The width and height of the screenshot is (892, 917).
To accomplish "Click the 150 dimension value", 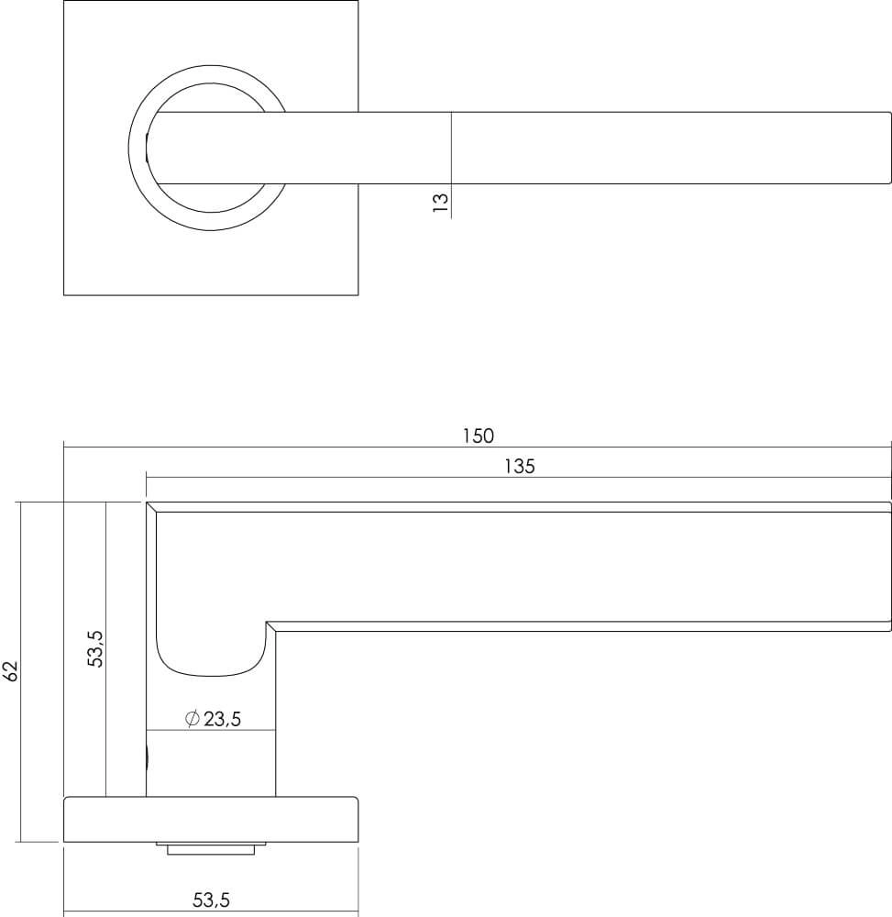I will point(478,436).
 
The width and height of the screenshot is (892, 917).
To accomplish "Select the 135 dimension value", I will point(519,466).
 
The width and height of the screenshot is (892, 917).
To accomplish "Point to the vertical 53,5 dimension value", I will point(96,648).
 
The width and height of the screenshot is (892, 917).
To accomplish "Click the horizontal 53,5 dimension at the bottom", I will point(211,900).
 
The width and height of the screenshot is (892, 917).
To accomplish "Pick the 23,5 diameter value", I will point(222,720).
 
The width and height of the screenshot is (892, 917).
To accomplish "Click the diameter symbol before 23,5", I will point(193,720).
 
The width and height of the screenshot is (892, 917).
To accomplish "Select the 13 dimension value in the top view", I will point(440,202).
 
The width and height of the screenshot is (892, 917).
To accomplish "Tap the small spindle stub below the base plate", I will point(210,848).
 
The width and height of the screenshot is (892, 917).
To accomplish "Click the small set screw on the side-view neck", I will point(149,757).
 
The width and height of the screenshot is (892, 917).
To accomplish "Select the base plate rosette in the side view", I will point(210,819).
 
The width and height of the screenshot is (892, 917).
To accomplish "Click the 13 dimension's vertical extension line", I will point(452,165).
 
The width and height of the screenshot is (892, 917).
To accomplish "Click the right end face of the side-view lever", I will point(890,567).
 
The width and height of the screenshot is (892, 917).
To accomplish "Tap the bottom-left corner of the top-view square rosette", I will point(64,294).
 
